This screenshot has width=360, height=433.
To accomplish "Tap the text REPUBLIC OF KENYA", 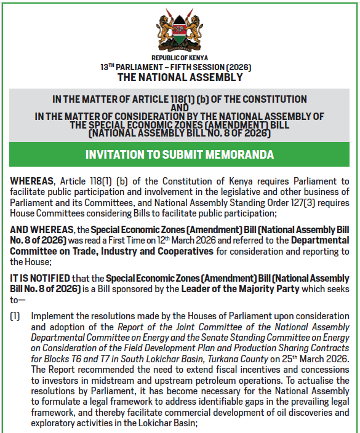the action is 180,58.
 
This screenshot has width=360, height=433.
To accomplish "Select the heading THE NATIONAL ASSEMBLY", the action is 180,77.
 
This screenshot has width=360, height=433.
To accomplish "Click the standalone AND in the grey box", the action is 179,108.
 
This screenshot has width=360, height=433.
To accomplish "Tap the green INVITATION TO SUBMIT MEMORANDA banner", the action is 180,154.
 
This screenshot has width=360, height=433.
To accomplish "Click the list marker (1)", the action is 15,316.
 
